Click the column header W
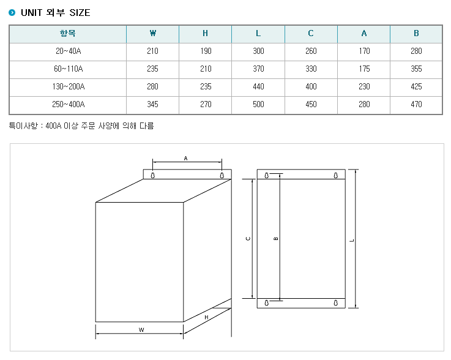coord(153,34)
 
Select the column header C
coord(311,34)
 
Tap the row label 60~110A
coord(68,69)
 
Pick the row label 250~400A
coord(68,104)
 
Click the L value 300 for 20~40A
coord(258,51)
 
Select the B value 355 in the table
coord(416,69)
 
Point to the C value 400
coord(311,86)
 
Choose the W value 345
coord(152,104)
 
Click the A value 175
coord(364,69)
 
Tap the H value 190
coord(206,51)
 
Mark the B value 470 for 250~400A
coord(416,104)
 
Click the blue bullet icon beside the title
coord(12,13)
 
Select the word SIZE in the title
coord(80,13)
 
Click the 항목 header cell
coord(67,34)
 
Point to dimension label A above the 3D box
coord(185,159)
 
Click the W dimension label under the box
coord(141,330)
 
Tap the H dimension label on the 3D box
coord(206,317)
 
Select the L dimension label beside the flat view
coord(352,240)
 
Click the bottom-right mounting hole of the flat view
coord(336,302)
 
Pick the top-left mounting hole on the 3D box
coord(153,175)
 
